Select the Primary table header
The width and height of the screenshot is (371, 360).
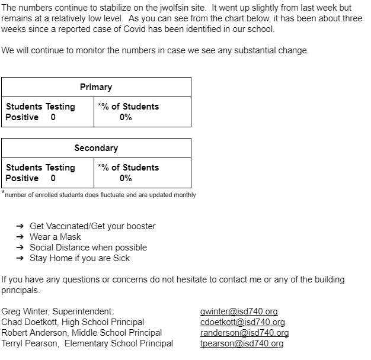point(96,87)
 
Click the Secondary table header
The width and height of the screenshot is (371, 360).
point(96,148)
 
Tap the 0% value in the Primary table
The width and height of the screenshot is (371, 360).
point(126,117)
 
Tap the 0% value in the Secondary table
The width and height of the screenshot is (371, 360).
point(126,178)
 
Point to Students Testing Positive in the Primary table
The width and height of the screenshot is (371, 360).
point(40,112)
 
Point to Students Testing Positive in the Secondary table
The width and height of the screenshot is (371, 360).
point(40,173)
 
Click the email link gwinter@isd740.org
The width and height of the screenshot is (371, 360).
point(239,311)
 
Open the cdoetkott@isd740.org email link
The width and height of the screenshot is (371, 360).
point(242,322)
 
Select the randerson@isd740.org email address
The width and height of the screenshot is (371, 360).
point(244,333)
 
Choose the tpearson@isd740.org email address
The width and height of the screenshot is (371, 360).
point(242,343)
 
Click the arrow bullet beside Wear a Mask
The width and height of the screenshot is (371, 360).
point(20,237)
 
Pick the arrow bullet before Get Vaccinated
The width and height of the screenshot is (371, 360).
point(20,226)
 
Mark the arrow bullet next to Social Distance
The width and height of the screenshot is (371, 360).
point(20,247)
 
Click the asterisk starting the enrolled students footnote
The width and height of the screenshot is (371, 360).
point(3,192)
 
